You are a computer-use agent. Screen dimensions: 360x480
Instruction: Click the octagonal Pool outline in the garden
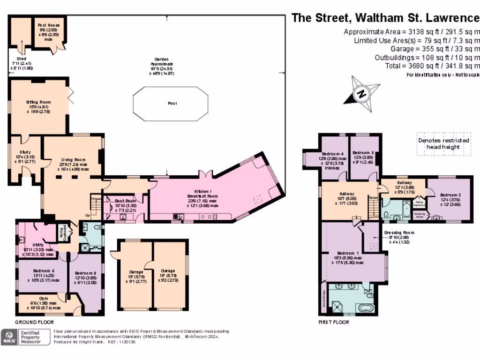pyautogui.click(x=171, y=103)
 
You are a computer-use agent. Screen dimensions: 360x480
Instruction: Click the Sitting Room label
pyautogui.click(x=38, y=102)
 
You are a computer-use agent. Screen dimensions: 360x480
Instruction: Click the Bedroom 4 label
pyautogui.click(x=334, y=154)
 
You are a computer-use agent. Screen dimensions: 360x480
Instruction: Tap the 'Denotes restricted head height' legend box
pyautogui.click(x=443, y=143)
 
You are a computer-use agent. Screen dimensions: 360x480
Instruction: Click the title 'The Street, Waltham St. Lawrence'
pyautogui.click(x=385, y=18)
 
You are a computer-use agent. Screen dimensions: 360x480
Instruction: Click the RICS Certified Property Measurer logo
pyautogui.click(x=26, y=337)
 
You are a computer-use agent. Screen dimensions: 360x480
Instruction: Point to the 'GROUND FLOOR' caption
pyautogui.click(x=34, y=322)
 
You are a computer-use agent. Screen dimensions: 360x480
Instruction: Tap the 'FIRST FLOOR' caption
pyautogui.click(x=334, y=322)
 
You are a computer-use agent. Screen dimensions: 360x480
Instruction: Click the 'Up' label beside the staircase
pyautogui.click(x=88, y=215)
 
